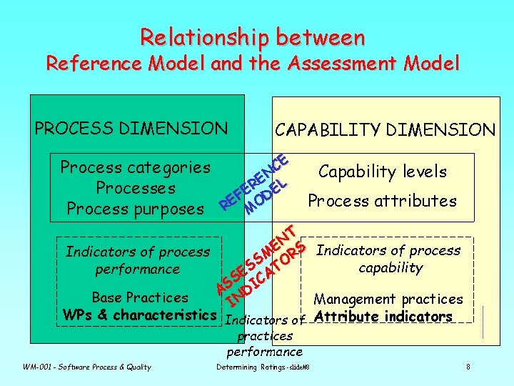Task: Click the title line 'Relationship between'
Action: [x=253, y=36]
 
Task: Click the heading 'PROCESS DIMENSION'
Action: [x=131, y=129]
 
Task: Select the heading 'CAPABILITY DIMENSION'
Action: [x=385, y=129]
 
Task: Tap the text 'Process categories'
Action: [x=136, y=168]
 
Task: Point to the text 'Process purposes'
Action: [x=135, y=209]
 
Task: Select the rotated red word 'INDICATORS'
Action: [x=266, y=274]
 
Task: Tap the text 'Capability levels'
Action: [x=383, y=172]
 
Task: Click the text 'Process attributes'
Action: [x=382, y=201]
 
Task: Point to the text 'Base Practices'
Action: [x=140, y=297]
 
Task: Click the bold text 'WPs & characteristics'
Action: [x=139, y=315]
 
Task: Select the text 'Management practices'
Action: [x=388, y=300]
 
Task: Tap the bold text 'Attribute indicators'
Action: [x=383, y=316]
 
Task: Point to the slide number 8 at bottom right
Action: [x=468, y=367]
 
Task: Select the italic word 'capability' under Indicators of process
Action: [x=390, y=268]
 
